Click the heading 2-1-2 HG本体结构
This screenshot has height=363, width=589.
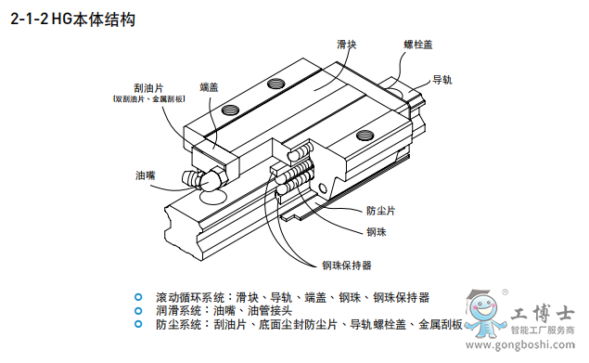pyautogui.click(x=73, y=19)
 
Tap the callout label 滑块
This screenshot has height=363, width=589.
pyautogui.click(x=346, y=45)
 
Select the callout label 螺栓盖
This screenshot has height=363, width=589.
pyautogui.click(x=418, y=45)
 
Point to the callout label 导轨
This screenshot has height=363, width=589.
pyautogui.click(x=442, y=80)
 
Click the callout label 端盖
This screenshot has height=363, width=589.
pyautogui.click(x=209, y=87)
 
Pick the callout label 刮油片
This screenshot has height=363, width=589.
pyautogui.click(x=148, y=88)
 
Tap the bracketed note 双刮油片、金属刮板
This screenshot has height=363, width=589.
pyautogui.click(x=148, y=99)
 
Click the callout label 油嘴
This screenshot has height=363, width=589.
pyautogui.click(x=146, y=175)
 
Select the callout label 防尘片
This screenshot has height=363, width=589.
pyautogui.click(x=380, y=211)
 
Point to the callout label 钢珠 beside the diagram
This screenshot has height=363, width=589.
pyautogui.click(x=377, y=232)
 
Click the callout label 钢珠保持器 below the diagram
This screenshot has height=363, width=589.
pyautogui.click(x=346, y=266)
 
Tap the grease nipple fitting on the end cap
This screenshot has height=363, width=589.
pyautogui.click(x=204, y=178)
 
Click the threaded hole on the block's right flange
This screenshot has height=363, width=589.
pyautogui.click(x=365, y=135)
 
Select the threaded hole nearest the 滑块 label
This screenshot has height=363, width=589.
pyautogui.click(x=276, y=84)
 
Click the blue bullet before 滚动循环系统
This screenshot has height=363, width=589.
pyautogui.click(x=138, y=297)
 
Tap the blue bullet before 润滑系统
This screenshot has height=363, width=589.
pyautogui.click(x=138, y=311)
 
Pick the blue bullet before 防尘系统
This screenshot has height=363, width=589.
pyautogui.click(x=138, y=324)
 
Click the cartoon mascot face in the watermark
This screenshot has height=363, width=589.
pyautogui.click(x=483, y=307)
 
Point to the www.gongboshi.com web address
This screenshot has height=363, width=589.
pyautogui.click(x=519, y=344)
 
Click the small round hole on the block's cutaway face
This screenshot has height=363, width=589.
pyautogui.click(x=323, y=188)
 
